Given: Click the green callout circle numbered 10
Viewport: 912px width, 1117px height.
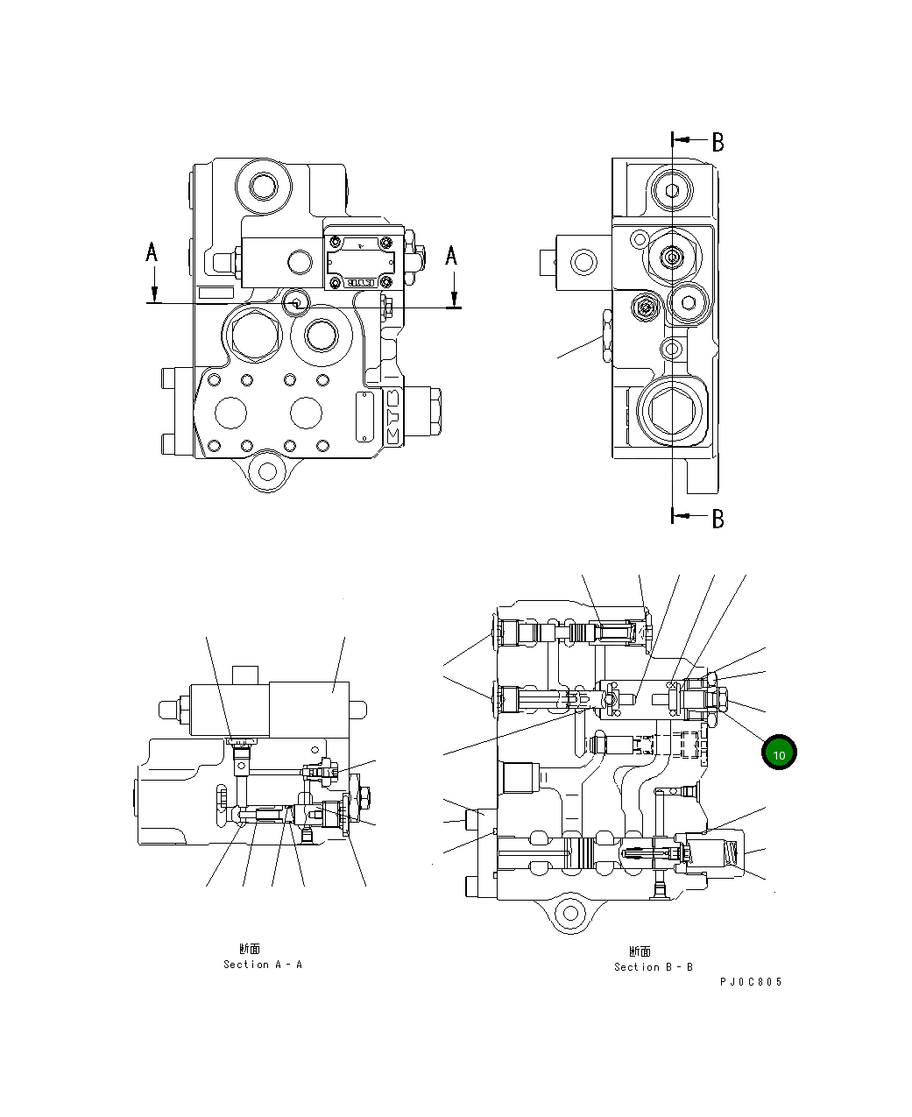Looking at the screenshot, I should pyautogui.click(x=778, y=753).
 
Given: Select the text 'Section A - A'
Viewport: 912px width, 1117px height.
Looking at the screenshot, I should pyautogui.click(x=262, y=965).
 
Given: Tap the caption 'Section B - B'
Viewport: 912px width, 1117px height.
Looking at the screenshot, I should pyautogui.click(x=653, y=967).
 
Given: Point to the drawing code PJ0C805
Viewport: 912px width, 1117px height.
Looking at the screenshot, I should pyautogui.click(x=751, y=982).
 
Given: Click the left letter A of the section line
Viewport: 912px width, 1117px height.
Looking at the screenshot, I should pyautogui.click(x=152, y=253).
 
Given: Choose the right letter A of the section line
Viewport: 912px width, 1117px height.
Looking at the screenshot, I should pyautogui.click(x=451, y=256).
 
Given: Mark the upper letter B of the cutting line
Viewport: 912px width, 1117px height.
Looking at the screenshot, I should pyautogui.click(x=718, y=142).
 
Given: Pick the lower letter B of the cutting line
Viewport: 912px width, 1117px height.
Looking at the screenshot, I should pyautogui.click(x=718, y=519).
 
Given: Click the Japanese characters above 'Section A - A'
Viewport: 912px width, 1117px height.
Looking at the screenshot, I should pyautogui.click(x=249, y=949).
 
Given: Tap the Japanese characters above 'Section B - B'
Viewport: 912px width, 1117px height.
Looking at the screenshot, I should pyautogui.click(x=640, y=951).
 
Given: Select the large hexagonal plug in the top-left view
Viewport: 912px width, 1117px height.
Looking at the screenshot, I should pyautogui.click(x=254, y=334).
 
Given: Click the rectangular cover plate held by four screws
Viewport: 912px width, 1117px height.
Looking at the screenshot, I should pyautogui.click(x=360, y=258).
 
